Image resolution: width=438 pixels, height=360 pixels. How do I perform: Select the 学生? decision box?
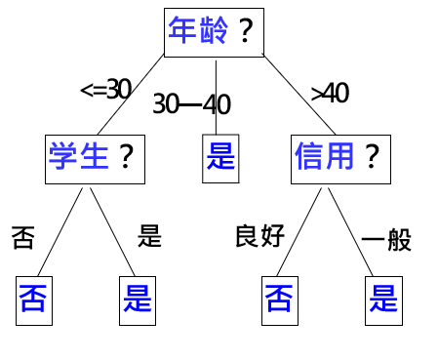[93, 156]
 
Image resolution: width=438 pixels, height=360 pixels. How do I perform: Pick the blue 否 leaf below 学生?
[33, 298]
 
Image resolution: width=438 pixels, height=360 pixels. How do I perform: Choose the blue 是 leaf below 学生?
[138, 298]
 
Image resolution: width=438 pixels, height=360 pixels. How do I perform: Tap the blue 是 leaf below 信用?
[381, 298]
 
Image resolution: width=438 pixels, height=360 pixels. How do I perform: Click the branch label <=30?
[104, 90]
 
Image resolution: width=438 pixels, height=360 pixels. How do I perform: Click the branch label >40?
[330, 93]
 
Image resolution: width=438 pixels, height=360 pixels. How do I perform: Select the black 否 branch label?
[22, 237]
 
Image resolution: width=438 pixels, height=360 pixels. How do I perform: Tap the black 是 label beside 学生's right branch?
[149, 235]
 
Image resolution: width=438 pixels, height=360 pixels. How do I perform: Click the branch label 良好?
[259, 235]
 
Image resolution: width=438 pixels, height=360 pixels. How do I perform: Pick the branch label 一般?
[386, 239]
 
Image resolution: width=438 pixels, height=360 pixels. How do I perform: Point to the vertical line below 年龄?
[216, 93]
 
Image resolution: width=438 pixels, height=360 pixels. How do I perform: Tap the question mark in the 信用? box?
[372, 156]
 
